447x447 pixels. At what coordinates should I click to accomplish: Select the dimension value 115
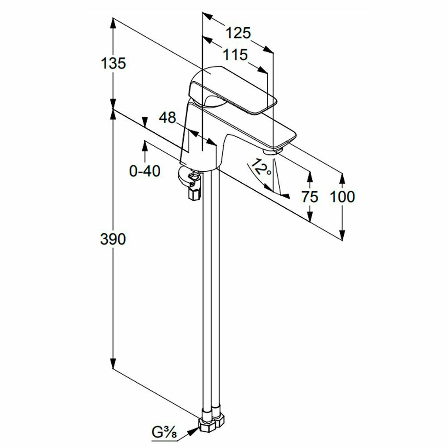click(236, 55)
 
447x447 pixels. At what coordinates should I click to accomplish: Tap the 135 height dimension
click(113, 63)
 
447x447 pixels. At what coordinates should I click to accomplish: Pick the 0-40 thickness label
click(144, 170)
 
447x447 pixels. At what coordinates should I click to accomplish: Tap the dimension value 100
click(342, 196)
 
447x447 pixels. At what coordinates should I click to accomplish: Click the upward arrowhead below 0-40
click(144, 146)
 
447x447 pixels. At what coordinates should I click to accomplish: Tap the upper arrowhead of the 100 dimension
click(342, 177)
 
